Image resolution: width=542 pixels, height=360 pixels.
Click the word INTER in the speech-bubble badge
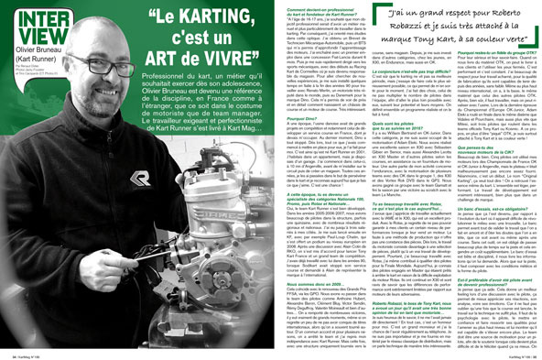pos(29,21)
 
